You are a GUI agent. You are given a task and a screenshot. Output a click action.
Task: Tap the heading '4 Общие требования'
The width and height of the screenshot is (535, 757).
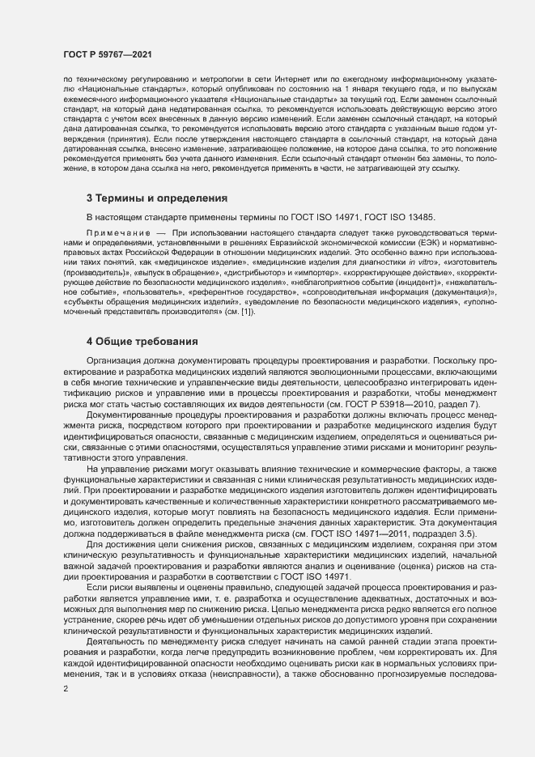point(141,341)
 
